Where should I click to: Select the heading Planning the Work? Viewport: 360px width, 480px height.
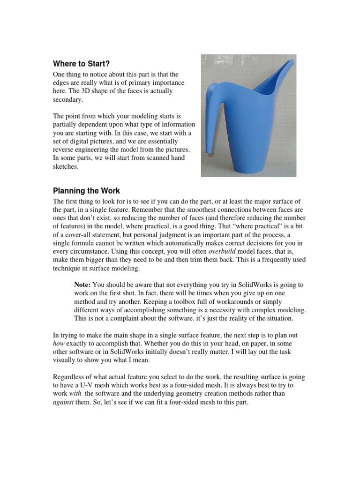coord(86,191)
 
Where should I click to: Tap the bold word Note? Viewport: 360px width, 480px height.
coord(83,285)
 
